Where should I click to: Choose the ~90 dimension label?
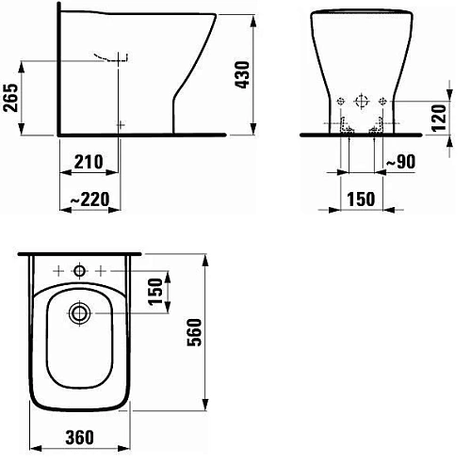[402, 163]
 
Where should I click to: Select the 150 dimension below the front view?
[360, 199]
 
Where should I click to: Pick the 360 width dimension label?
[78, 439]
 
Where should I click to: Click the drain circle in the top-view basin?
[79, 310]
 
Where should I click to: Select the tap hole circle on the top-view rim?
[79, 272]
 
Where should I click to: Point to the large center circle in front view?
[361, 101]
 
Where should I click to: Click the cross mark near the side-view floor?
[119, 123]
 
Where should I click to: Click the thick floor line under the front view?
[361, 134]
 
